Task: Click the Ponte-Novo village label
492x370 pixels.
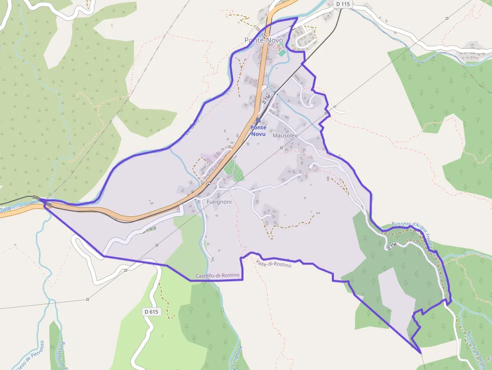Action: coord(264,40)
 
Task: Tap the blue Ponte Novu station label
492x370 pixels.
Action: coord(259,131)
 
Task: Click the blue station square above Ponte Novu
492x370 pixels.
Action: coord(258,120)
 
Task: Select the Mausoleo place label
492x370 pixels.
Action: coord(285,136)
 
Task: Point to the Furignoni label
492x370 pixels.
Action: coord(219,202)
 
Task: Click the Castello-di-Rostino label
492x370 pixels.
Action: coord(218,276)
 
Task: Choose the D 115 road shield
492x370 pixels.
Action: coord(342,4)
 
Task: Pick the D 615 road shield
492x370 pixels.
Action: coord(151,312)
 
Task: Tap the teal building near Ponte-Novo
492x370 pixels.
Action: coord(282,53)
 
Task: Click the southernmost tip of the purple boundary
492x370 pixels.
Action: coord(421,353)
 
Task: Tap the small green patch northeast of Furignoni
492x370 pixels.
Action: coord(233,170)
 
